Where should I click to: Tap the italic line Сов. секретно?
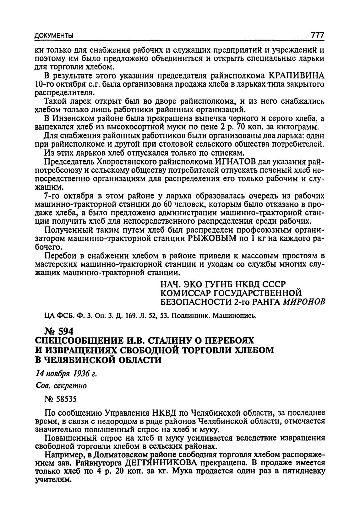click(x=61, y=386)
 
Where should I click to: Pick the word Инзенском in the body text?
click(x=74, y=119)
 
